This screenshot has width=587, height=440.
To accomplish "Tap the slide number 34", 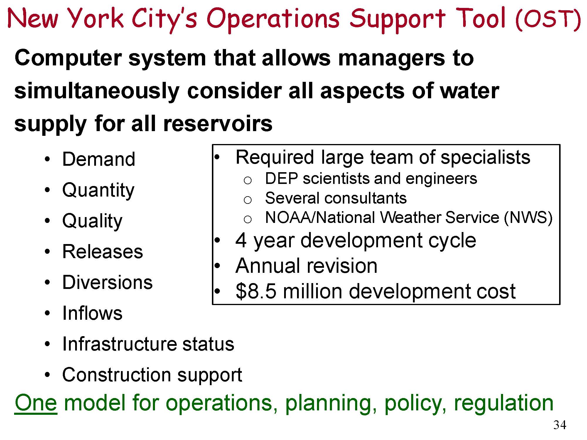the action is click(560, 425).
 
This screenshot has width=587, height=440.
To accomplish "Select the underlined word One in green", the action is click(36, 403).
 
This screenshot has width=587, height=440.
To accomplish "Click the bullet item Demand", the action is click(99, 159).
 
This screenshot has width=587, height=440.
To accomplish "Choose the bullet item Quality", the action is click(92, 221).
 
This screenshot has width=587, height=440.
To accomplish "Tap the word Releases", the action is click(103, 252).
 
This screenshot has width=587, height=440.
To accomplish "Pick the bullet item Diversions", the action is click(107, 282).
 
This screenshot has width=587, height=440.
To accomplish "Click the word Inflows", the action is click(92, 313).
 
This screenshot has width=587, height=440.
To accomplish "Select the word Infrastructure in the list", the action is click(119, 344).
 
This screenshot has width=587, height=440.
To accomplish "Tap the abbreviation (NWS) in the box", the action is click(528, 218).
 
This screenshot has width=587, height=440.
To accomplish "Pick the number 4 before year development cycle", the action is click(241, 241).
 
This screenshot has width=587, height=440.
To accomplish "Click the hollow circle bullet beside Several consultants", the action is click(248, 200).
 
